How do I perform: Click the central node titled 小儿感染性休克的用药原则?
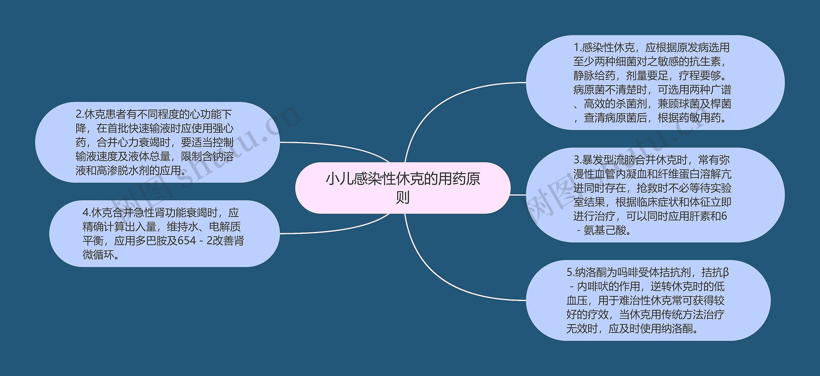[403, 188]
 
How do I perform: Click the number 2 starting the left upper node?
[79, 114]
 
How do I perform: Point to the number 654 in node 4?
[187, 241]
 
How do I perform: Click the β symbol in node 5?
[726, 272]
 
